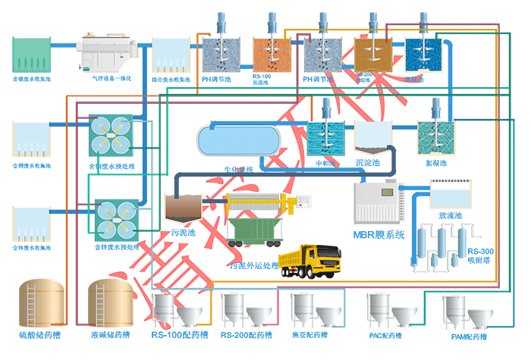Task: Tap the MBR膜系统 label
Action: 380,234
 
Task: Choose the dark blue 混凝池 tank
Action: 423,54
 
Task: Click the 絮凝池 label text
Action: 437,162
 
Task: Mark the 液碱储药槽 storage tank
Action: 107,302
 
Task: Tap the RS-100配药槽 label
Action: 176,334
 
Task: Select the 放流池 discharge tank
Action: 450,196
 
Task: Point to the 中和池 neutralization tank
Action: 327,136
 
